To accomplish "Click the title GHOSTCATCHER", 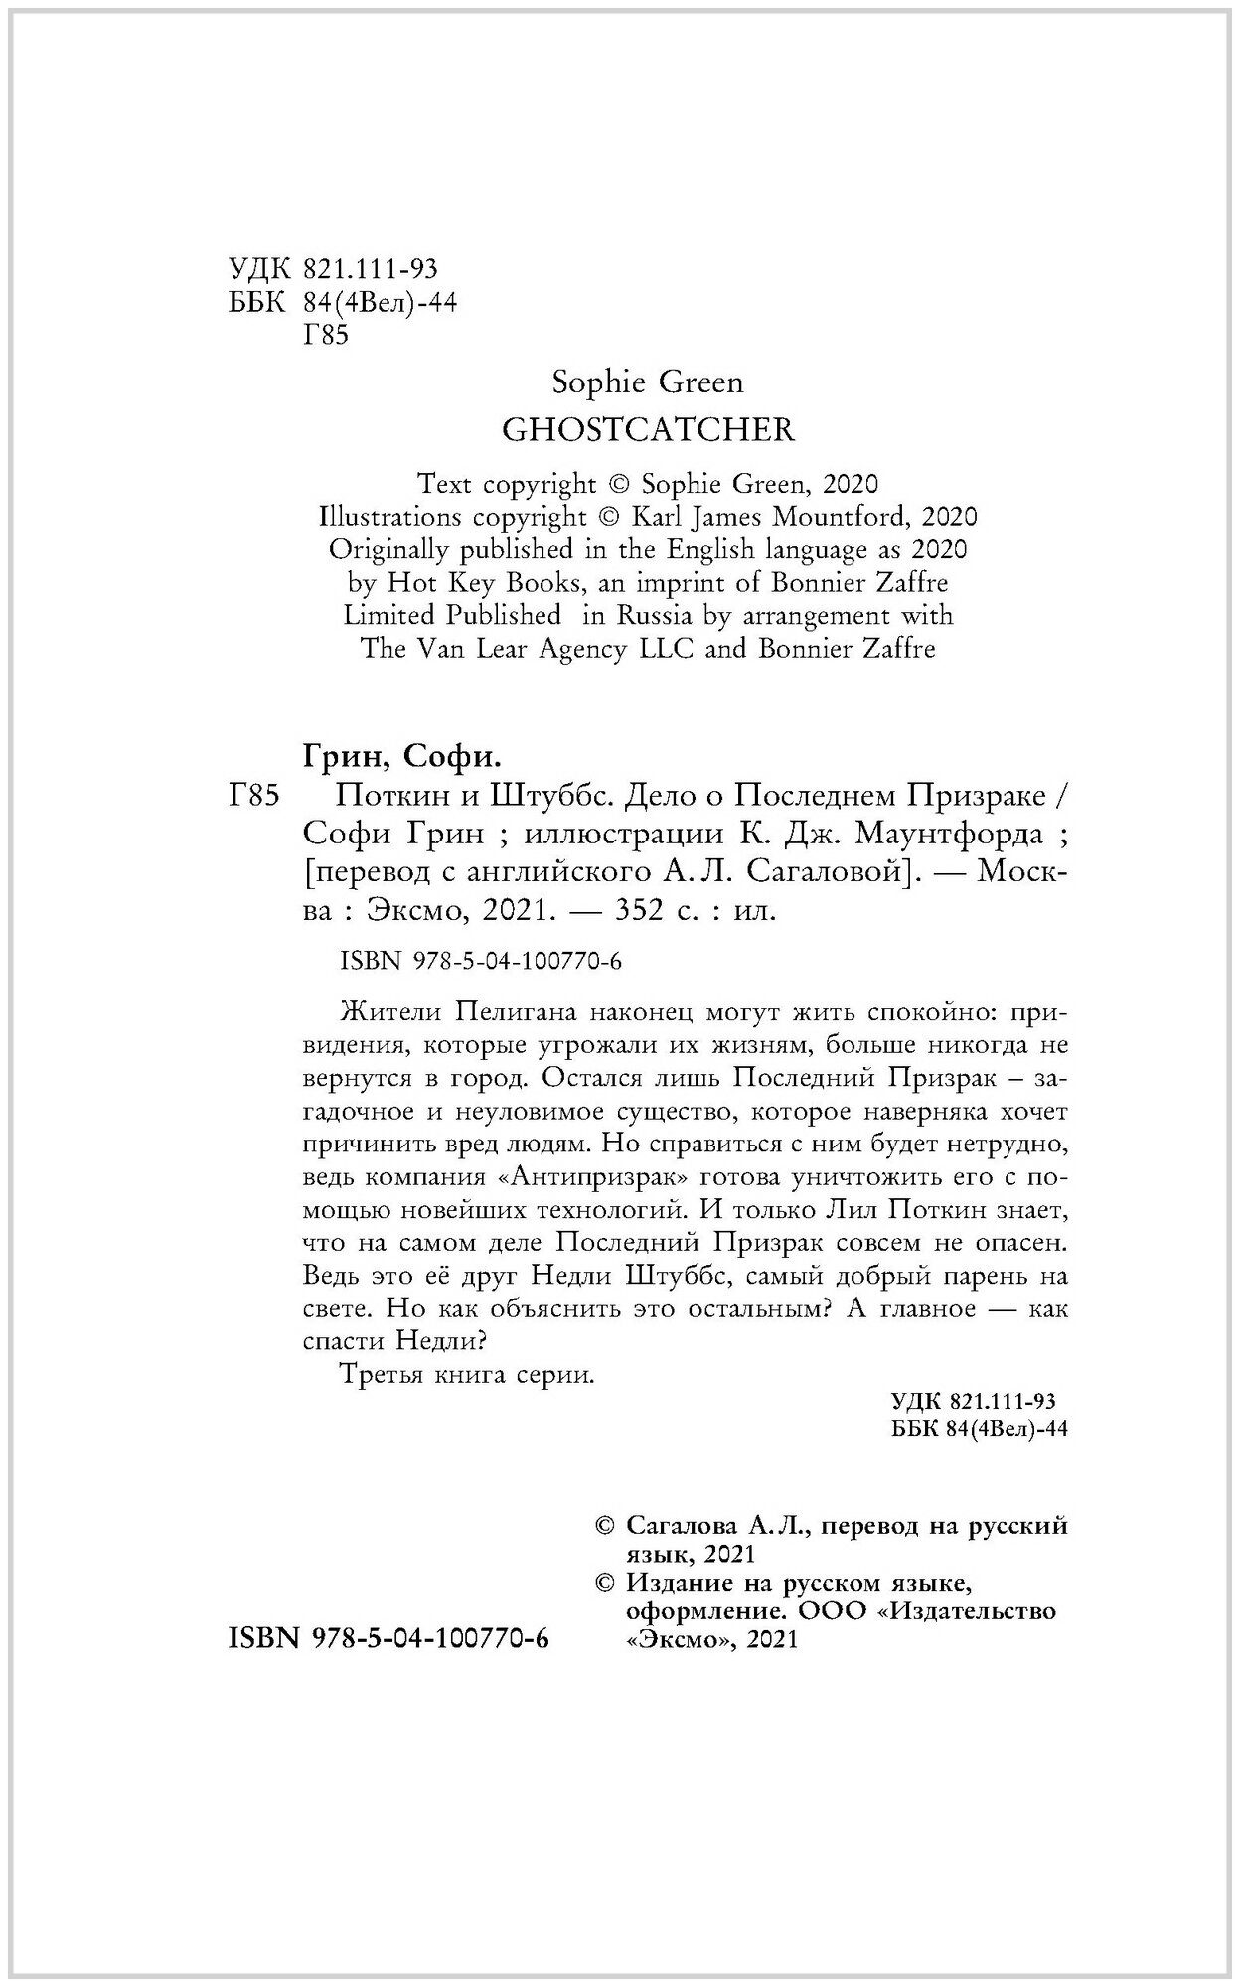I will [x=649, y=430].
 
